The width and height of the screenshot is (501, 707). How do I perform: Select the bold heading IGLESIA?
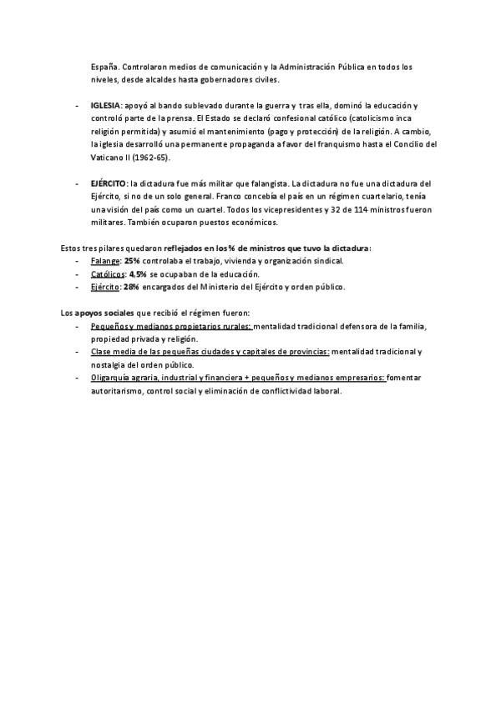coord(106,106)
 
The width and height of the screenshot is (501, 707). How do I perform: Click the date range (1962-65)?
coord(151,157)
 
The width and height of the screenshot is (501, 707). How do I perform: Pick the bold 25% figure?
coord(132,260)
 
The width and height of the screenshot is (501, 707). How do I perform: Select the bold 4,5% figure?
coord(138,273)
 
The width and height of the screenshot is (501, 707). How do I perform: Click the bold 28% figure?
coord(131,287)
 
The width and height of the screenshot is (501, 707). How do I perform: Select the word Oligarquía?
coord(112,378)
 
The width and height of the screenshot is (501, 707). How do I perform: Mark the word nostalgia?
coord(109,364)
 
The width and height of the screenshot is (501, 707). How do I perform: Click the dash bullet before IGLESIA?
coord(77,106)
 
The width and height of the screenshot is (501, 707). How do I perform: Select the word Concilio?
coord(402,144)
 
